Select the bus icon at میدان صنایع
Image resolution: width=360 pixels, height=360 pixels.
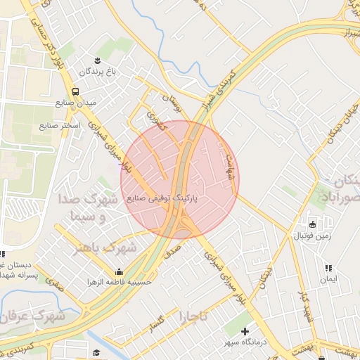coord(75,91)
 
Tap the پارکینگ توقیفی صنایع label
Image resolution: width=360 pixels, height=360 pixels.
coord(162,199)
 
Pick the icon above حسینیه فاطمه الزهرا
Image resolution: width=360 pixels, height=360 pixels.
coord(118,271)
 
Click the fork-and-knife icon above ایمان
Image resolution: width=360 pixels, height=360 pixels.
coord(327,268)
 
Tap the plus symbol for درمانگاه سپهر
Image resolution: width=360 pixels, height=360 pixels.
coord(244,331)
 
